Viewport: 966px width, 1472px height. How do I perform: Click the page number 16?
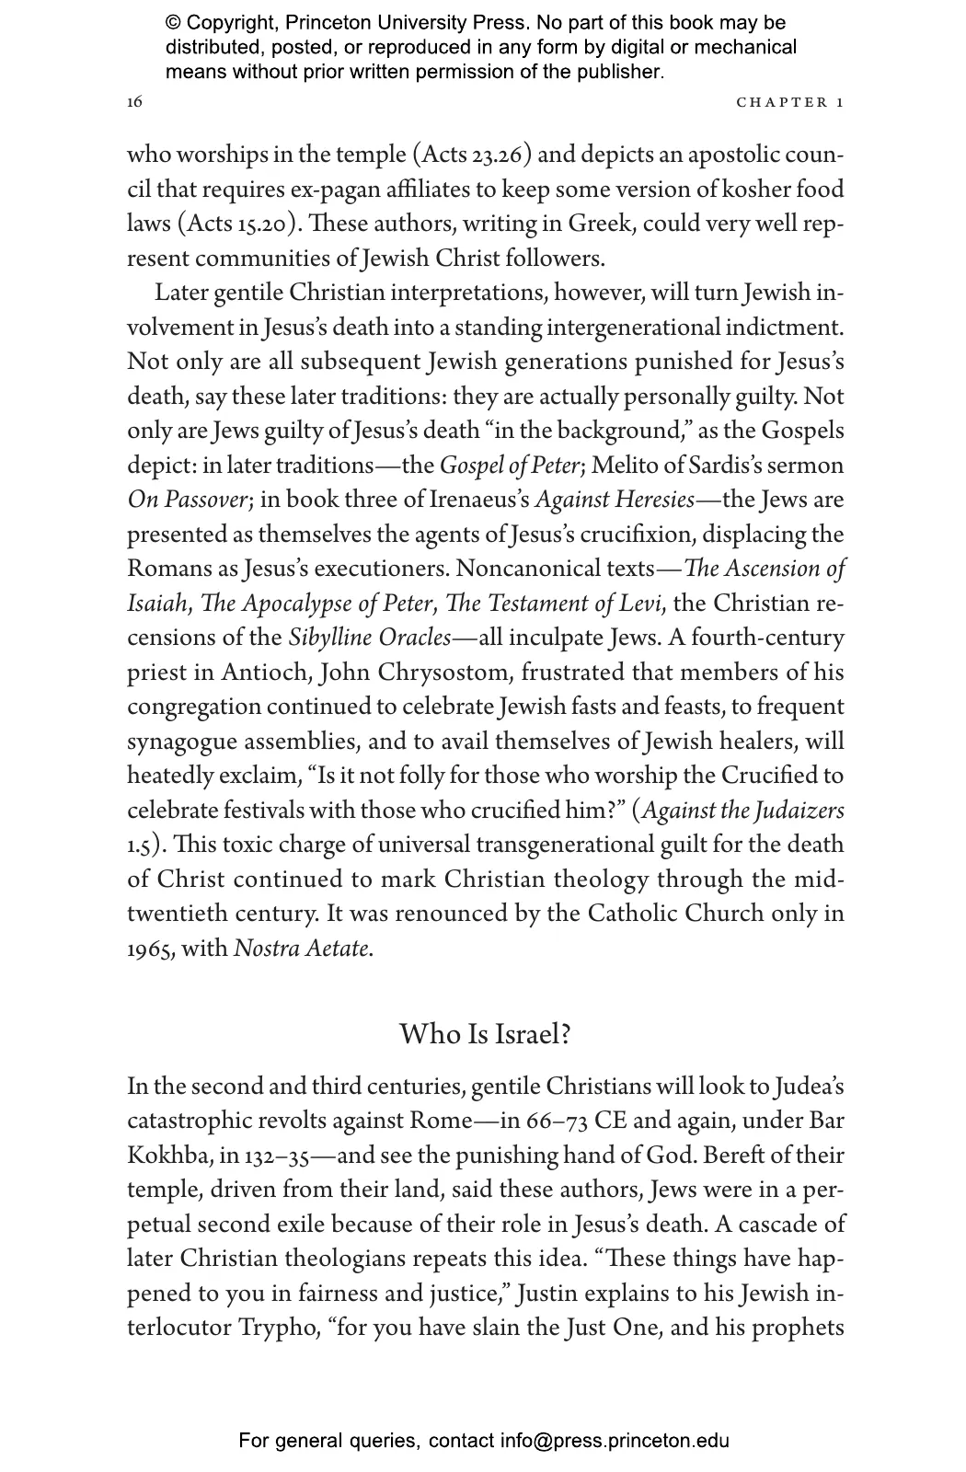click(134, 102)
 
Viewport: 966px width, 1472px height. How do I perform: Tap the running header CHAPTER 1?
click(789, 102)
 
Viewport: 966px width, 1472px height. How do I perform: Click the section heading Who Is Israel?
click(485, 1034)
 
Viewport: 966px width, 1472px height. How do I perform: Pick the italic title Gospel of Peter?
click(510, 466)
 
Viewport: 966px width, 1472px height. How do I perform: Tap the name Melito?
click(626, 466)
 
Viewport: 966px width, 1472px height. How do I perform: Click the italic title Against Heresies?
click(614, 500)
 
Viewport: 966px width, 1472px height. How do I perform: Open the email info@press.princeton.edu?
click(615, 1441)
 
